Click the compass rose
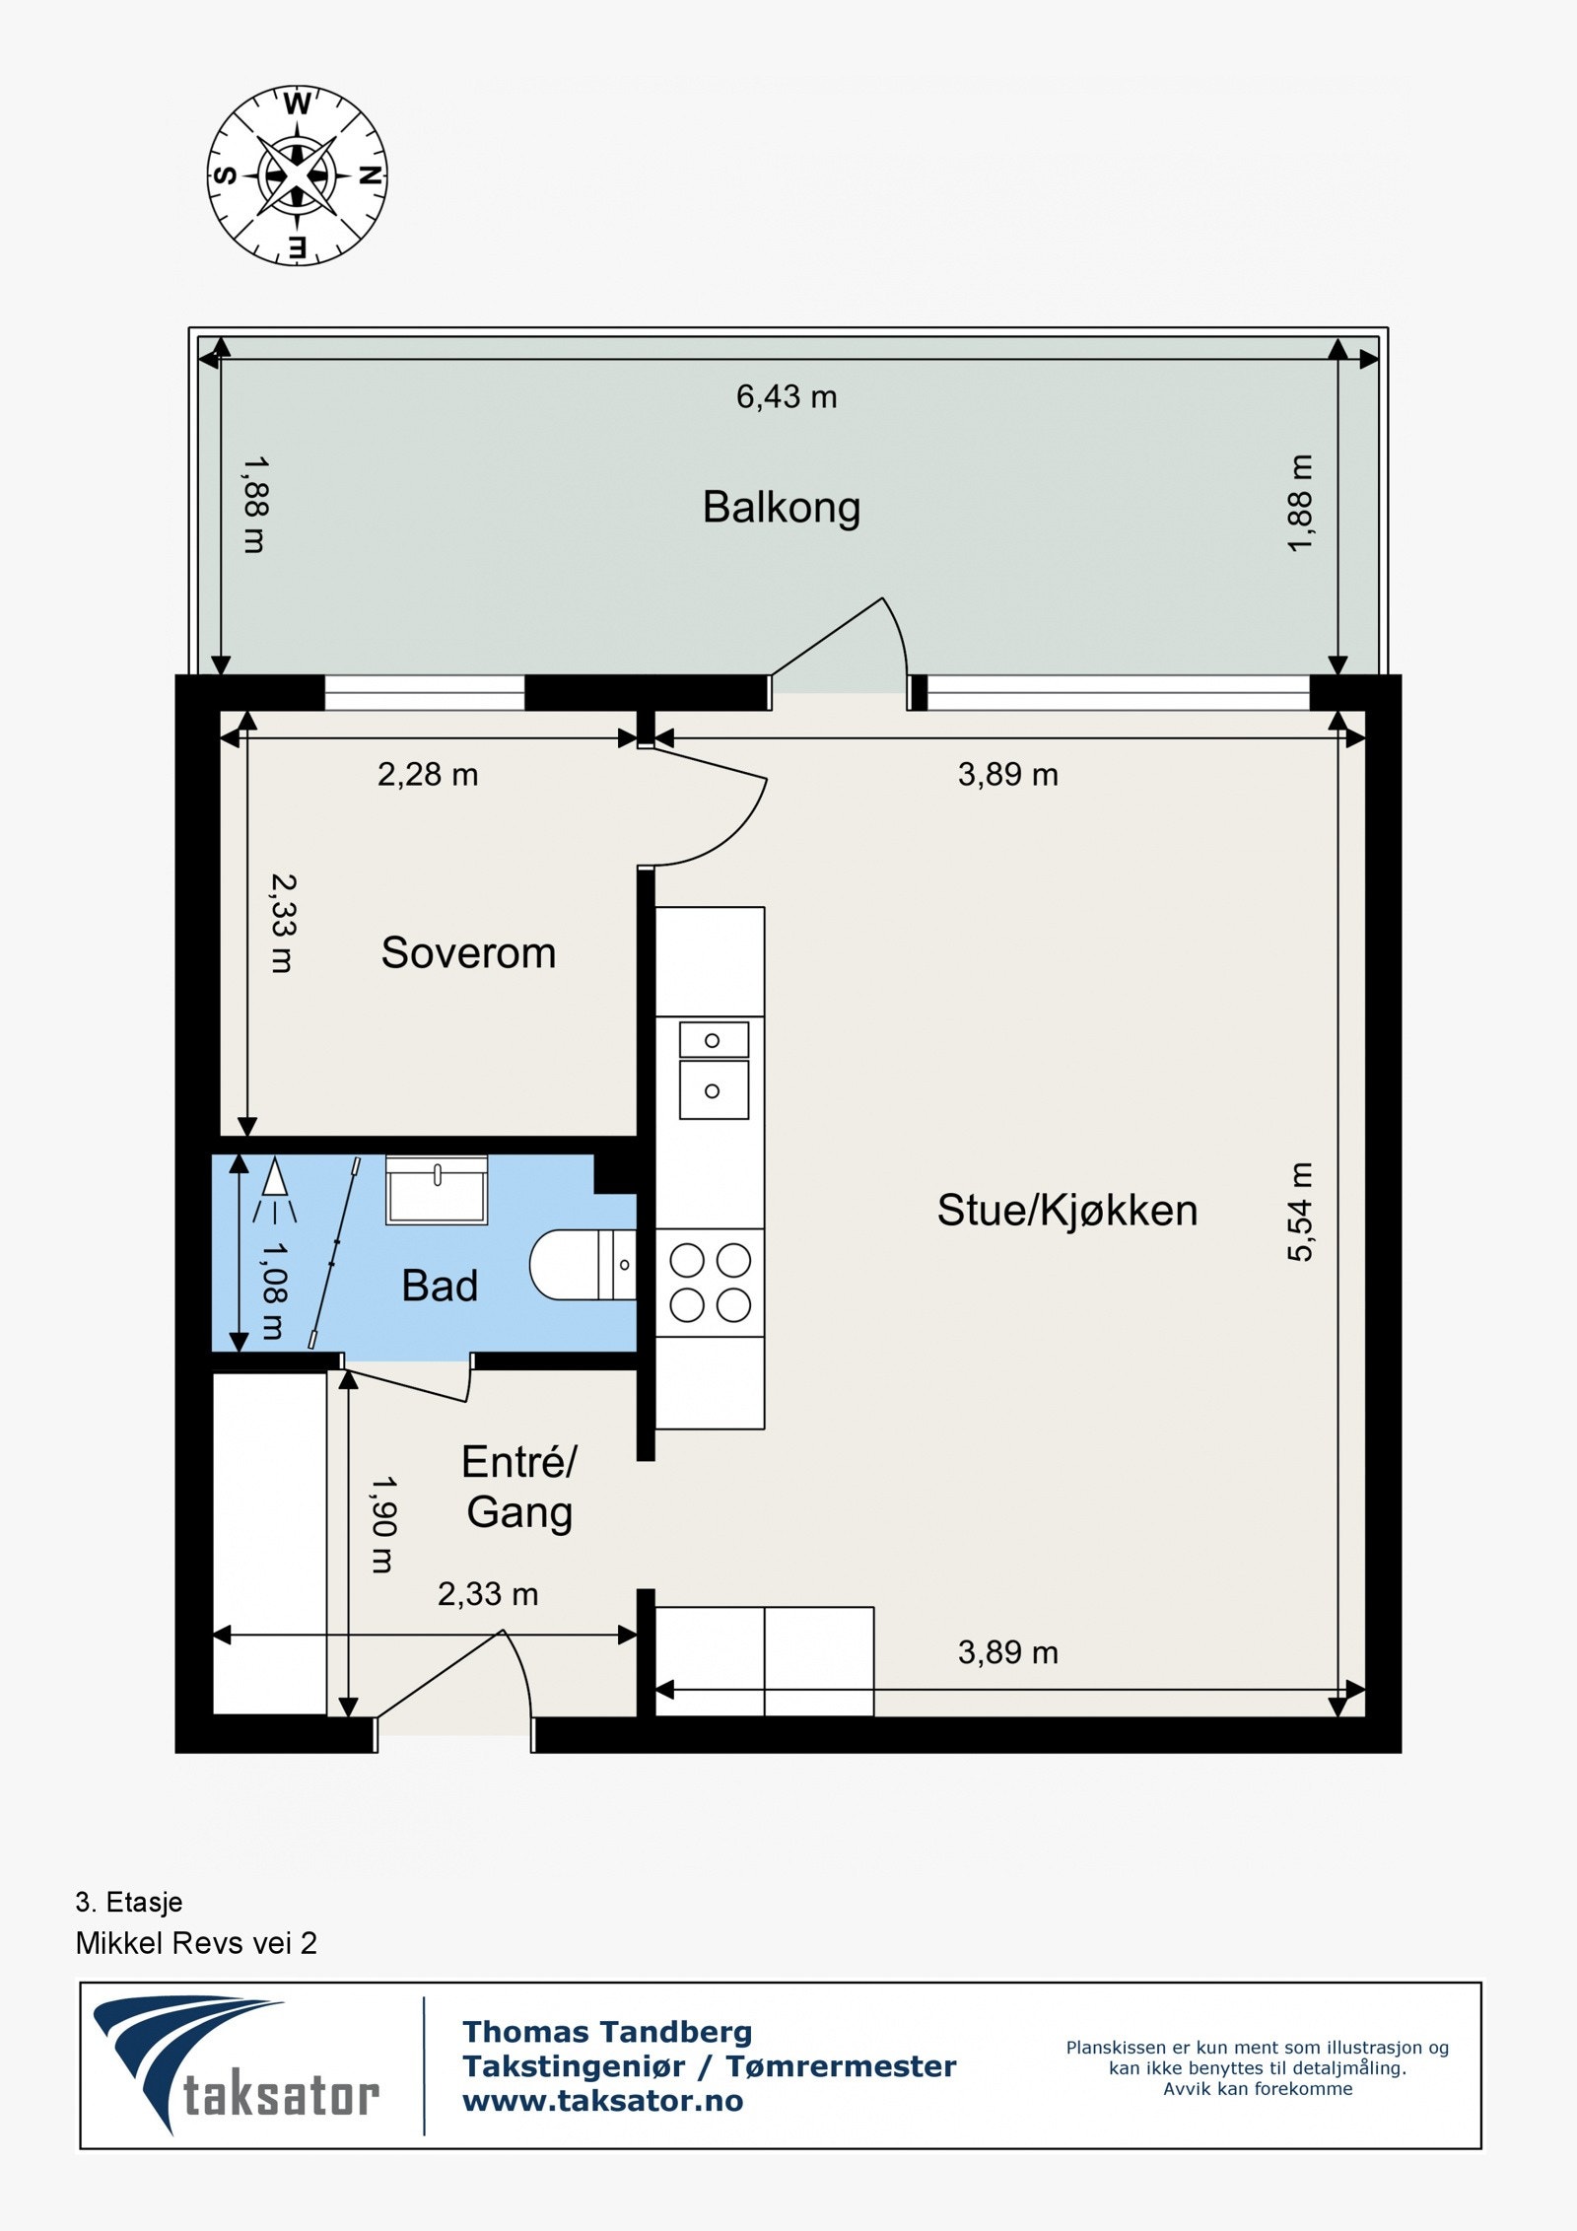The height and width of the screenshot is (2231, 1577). [x=297, y=175]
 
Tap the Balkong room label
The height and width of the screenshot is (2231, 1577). [x=782, y=509]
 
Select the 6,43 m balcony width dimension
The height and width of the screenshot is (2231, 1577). [x=787, y=396]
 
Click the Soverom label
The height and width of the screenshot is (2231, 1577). [x=468, y=953]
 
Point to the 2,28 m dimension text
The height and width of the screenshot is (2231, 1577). [x=428, y=774]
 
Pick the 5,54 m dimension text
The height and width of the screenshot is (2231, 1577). [x=1300, y=1212]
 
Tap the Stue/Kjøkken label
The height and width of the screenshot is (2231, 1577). [x=1067, y=1211]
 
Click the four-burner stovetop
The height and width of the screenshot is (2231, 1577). [x=710, y=1283]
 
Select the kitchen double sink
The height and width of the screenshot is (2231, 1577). [x=714, y=1070]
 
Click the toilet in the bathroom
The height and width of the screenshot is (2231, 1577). [x=583, y=1265]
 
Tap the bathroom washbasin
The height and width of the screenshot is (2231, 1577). [x=437, y=1190]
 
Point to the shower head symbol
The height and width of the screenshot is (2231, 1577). [x=274, y=1191]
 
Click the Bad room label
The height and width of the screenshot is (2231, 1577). [x=440, y=1286]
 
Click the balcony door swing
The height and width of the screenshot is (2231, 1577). [x=840, y=652]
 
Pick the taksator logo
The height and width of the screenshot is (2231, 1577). [x=237, y=2065]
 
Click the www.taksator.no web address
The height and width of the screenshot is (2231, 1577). [x=603, y=2101]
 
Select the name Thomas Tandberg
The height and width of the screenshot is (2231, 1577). [x=607, y=2032]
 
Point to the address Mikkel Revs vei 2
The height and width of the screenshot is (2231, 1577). [x=196, y=1943]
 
